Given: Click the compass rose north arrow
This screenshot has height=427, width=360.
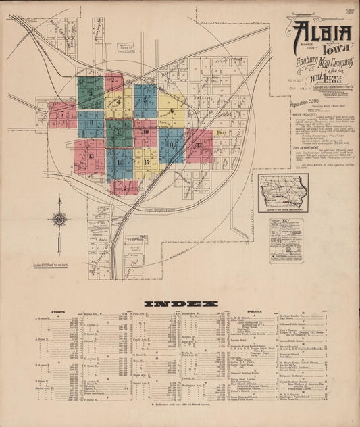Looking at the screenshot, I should [59, 220].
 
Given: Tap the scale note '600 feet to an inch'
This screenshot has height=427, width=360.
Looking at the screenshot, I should [59, 264].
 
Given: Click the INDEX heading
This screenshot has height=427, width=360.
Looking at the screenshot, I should [180, 304].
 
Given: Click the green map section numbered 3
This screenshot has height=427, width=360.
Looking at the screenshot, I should [91, 93].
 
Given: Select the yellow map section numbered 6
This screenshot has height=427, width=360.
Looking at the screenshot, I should [173, 109].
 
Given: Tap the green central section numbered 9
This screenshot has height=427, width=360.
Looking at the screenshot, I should [119, 133].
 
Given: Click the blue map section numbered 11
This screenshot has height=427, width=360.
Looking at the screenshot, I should [172, 144].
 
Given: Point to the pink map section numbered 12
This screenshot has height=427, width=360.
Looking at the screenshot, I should [199, 145].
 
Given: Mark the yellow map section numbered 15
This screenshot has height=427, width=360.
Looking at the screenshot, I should [146, 161].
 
